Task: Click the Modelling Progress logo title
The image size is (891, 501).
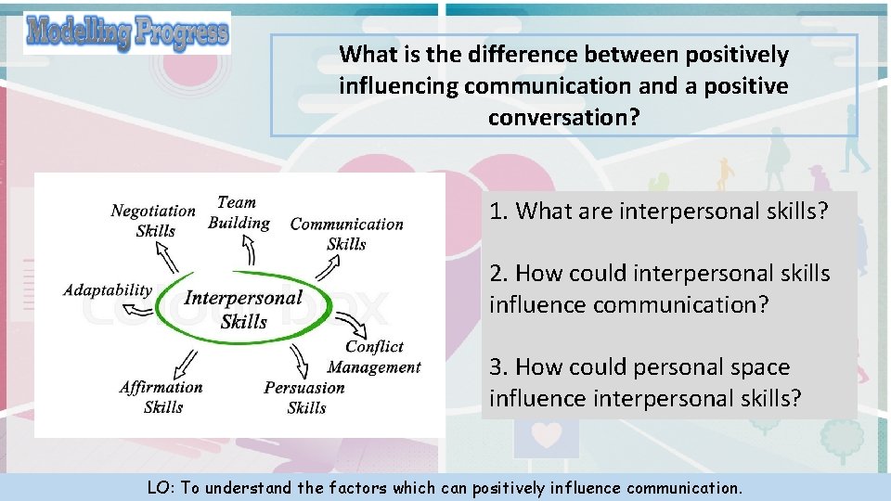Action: [x=127, y=33]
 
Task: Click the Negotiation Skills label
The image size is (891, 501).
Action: [x=153, y=221]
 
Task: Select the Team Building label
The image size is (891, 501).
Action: [x=239, y=212]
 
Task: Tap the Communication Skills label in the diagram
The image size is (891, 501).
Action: [x=346, y=234]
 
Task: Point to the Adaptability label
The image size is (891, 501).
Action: [x=108, y=290]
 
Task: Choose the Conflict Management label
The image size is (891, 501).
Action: [x=374, y=357]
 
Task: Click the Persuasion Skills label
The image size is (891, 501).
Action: [x=304, y=398]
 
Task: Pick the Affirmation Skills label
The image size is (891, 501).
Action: [x=161, y=397]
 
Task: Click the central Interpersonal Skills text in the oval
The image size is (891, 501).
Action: [x=244, y=309]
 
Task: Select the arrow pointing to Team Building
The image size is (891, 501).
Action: [x=249, y=250]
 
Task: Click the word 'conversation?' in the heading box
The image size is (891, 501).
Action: [x=563, y=118]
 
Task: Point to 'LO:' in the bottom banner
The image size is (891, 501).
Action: [x=161, y=488]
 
